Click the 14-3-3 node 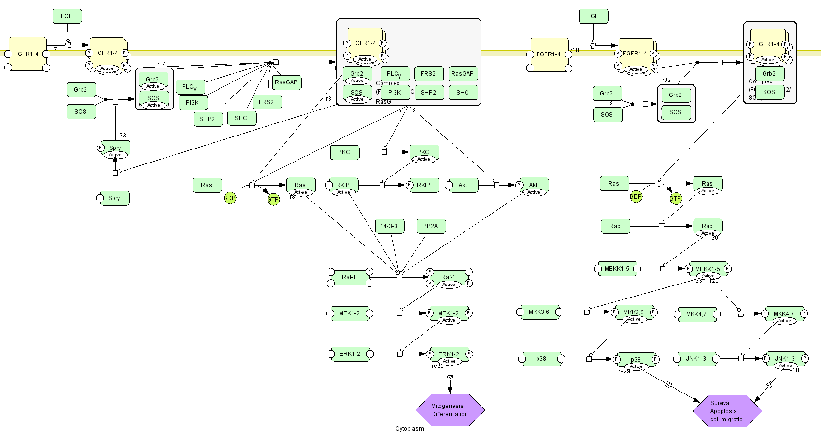click(x=389, y=226)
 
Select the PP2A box click(x=431, y=226)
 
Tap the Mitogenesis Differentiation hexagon click(x=450, y=410)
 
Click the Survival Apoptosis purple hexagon click(x=727, y=411)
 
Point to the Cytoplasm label click(x=410, y=429)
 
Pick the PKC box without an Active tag click(x=344, y=152)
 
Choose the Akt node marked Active click(x=534, y=186)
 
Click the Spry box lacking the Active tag click(x=114, y=198)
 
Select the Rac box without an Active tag click(x=615, y=226)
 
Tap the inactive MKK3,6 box click(x=539, y=312)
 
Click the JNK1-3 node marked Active click(x=785, y=359)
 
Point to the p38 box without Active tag click(x=541, y=359)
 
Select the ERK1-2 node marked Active click(x=449, y=354)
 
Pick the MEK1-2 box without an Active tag click(x=349, y=313)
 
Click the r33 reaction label click(x=122, y=136)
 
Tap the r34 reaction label click(x=162, y=64)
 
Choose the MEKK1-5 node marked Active click(x=708, y=269)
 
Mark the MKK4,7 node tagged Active click(x=784, y=314)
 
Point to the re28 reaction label click(x=438, y=366)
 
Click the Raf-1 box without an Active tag click(x=349, y=277)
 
